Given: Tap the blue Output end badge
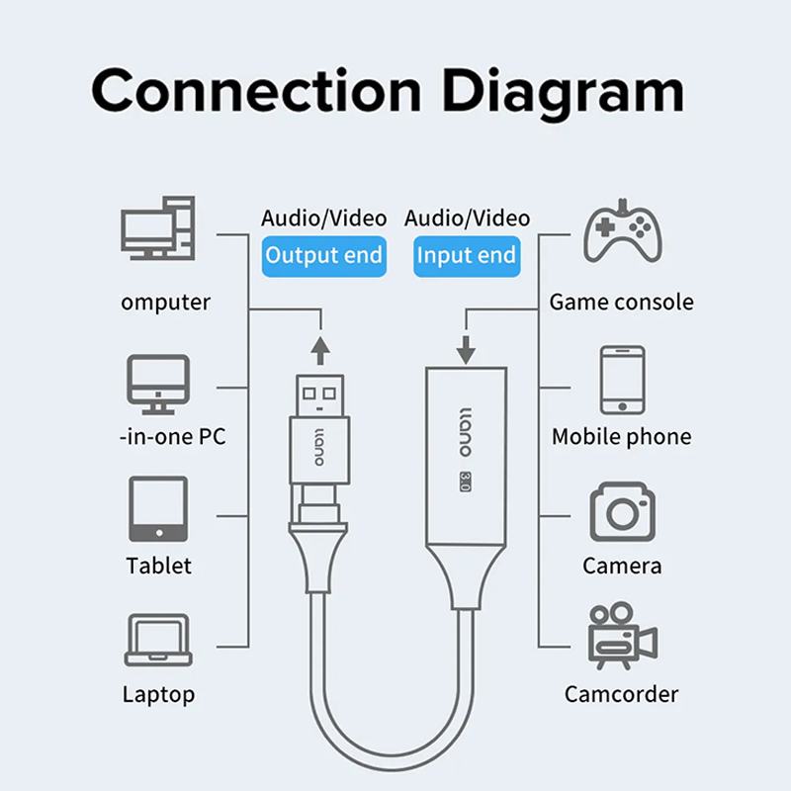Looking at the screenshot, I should [323, 256].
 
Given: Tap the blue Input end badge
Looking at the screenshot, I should [466, 256].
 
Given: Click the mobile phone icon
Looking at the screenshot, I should [623, 380].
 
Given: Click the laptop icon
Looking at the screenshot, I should [156, 641].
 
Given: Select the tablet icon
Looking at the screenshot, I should [157, 510].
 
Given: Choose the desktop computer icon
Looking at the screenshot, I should [158, 228].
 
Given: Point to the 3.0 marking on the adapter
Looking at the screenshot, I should [464, 482].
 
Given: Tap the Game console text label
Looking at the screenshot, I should [621, 303].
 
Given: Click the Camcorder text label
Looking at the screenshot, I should [621, 694].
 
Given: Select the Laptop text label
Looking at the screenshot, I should [158, 694].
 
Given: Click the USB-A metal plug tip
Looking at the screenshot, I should [320, 395].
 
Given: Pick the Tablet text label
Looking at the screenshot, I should [158, 566].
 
